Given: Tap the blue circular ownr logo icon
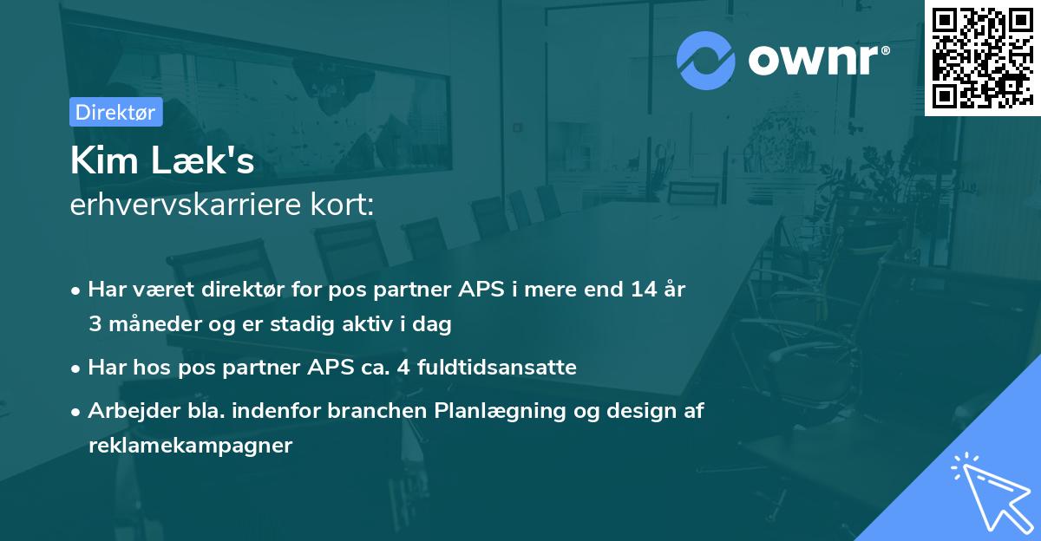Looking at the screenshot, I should [706, 60].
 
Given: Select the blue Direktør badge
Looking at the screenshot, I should [115, 112].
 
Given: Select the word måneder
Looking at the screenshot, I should [147, 325].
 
